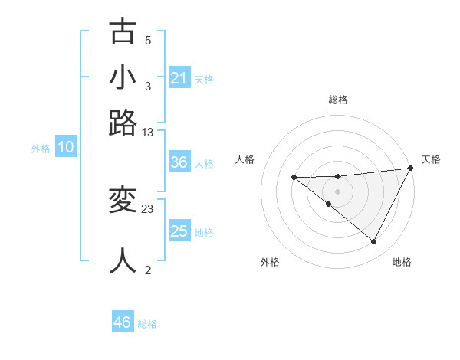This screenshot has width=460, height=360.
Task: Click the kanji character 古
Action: point(123,31)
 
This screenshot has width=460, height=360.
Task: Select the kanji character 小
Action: point(123,77)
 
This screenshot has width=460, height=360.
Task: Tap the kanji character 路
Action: point(123,123)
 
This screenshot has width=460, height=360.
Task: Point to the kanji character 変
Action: point(123,201)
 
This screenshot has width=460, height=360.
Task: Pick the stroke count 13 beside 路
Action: point(148,132)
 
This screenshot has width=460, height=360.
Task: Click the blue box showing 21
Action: point(179,78)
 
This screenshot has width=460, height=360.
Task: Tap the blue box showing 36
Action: point(179,163)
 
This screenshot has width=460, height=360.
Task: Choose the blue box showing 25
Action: point(179,231)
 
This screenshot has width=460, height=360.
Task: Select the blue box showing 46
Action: point(123,322)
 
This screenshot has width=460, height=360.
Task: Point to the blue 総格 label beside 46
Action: point(147,324)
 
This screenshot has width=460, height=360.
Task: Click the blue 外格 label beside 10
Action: point(41,149)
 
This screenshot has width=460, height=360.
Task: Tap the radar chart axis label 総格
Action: point(338,100)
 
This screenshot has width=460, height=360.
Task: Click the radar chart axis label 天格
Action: point(431,159)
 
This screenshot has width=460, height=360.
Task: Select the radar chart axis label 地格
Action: point(402,262)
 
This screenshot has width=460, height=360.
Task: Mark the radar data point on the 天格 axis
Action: point(412,168)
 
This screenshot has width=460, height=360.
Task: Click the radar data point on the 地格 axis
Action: point(374,242)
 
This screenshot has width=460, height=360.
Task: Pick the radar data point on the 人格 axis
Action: point(294,177)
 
